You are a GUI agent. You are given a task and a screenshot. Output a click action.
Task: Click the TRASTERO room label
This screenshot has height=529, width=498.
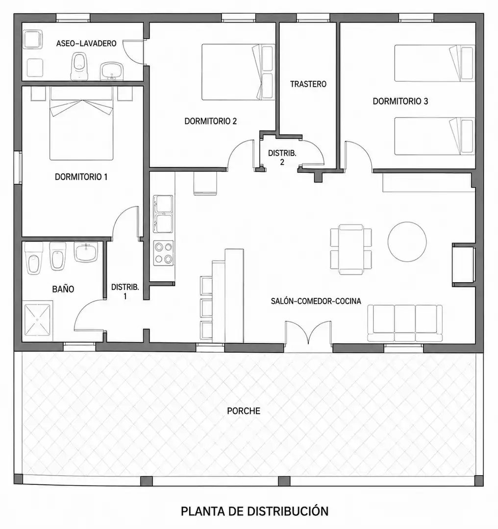pyautogui.click(x=308, y=84)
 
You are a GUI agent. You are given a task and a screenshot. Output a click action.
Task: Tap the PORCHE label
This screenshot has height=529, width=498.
pyautogui.click(x=244, y=411)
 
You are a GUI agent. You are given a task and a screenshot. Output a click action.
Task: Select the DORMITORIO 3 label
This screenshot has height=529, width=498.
pyautogui.click(x=400, y=101)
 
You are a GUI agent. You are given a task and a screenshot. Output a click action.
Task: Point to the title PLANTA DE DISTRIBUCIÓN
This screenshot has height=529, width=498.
pyautogui.click(x=254, y=511)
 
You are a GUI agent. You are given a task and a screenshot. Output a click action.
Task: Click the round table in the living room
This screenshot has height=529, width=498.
pyautogui.click(x=407, y=241)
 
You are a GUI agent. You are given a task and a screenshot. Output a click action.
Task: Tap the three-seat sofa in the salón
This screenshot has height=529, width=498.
pyautogui.click(x=405, y=324)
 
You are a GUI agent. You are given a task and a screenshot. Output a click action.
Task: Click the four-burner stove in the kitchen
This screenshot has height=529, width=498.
pyautogui.click(x=164, y=253)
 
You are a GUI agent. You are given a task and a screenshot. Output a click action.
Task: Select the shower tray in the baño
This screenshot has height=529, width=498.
pyautogui.click(x=37, y=320)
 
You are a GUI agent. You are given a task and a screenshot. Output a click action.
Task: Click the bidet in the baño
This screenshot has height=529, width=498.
pyautogui.click(x=58, y=256)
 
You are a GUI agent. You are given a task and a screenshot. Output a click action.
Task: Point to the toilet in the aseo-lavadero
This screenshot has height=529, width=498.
pyautogui.click(x=80, y=66)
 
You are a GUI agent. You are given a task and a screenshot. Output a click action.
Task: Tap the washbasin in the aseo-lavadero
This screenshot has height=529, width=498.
pyautogui.click(x=112, y=71)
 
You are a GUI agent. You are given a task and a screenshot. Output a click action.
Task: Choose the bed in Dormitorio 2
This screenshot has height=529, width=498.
pyautogui.click(x=238, y=72)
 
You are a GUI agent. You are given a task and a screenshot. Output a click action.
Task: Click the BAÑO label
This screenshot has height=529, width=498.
pyautogui.click(x=63, y=289)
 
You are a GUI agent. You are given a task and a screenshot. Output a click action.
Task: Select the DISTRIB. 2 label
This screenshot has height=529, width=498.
pyautogui.click(x=282, y=158)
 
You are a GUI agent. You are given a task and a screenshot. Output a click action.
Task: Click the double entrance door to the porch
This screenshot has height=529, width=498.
pyautogui.click(x=309, y=333)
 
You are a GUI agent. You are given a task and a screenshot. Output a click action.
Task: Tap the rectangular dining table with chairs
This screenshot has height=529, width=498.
pyautogui.click(x=351, y=249)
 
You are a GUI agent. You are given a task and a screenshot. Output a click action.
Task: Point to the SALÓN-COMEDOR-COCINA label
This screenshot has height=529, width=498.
pyautogui.click(x=316, y=301)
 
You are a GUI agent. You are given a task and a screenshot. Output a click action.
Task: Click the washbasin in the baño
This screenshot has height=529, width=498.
pyautogui.click(x=86, y=252)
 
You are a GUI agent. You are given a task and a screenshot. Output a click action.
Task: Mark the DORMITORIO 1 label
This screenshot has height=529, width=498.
pyautogui.click(x=81, y=177)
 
